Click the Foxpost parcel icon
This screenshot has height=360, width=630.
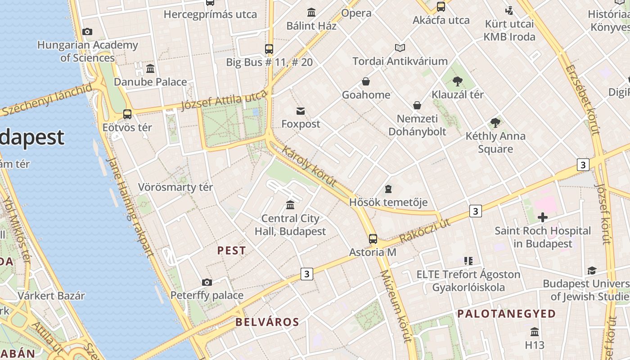point(301,111)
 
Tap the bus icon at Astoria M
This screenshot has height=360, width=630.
point(373,238)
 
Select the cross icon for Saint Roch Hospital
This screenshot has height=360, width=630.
point(543,218)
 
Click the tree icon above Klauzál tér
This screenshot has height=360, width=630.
point(458,81)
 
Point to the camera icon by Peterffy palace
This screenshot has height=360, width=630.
point(207,282)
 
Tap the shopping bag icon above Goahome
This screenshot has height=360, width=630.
point(366,81)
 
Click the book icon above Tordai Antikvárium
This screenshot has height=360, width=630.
point(400,48)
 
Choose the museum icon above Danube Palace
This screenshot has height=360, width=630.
point(150,68)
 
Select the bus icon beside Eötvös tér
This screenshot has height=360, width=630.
point(127,114)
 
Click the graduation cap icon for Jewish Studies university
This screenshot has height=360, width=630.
point(592,270)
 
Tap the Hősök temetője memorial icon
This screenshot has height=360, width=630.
point(388,189)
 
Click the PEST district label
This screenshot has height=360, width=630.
point(232,251)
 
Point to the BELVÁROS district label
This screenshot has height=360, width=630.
point(267,322)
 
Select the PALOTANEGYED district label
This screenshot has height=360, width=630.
point(507,314)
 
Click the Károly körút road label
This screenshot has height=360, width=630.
point(309,166)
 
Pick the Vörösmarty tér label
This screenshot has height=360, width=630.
point(175,187)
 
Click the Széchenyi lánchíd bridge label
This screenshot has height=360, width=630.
point(47,100)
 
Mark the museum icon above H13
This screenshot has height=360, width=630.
point(535,332)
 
